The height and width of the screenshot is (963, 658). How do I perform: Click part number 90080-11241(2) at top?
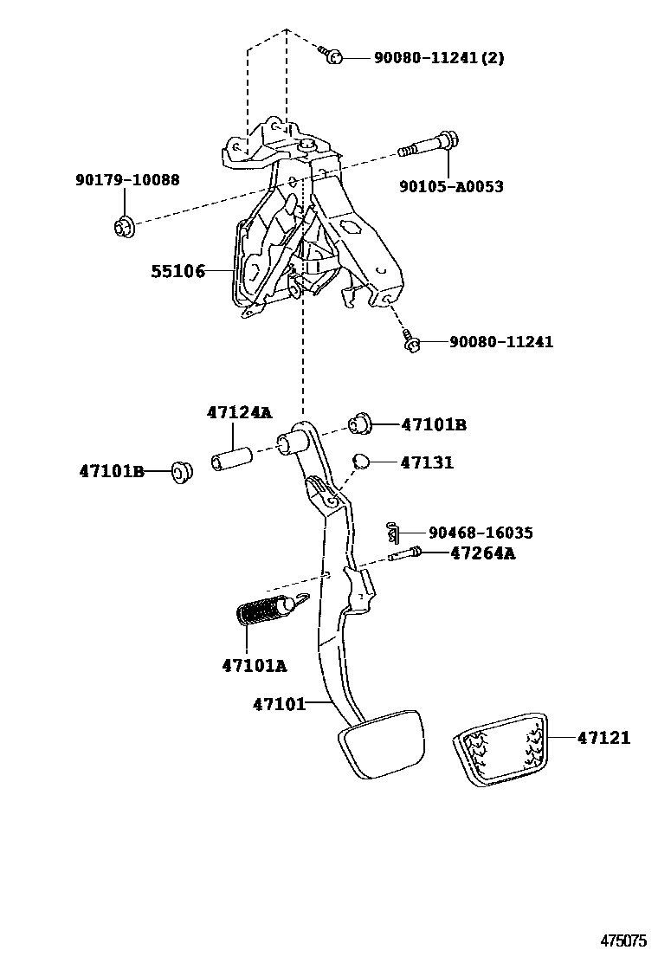click(438, 58)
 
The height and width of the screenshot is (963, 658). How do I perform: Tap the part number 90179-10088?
click(127, 180)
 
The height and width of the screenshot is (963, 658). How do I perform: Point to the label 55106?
click(177, 271)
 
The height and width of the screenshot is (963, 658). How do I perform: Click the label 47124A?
click(238, 413)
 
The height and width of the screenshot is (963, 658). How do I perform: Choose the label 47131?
click(427, 463)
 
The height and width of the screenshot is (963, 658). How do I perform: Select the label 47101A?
click(255, 665)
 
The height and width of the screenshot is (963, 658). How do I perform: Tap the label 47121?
click(603, 738)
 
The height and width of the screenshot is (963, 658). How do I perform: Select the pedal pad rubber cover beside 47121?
click(500, 748)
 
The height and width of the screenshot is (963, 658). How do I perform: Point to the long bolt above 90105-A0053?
click(430, 145)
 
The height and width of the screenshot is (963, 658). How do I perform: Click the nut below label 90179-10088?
click(123, 228)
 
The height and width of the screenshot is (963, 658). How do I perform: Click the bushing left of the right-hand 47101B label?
click(359, 423)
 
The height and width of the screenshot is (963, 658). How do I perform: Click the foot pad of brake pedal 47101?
click(380, 742)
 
